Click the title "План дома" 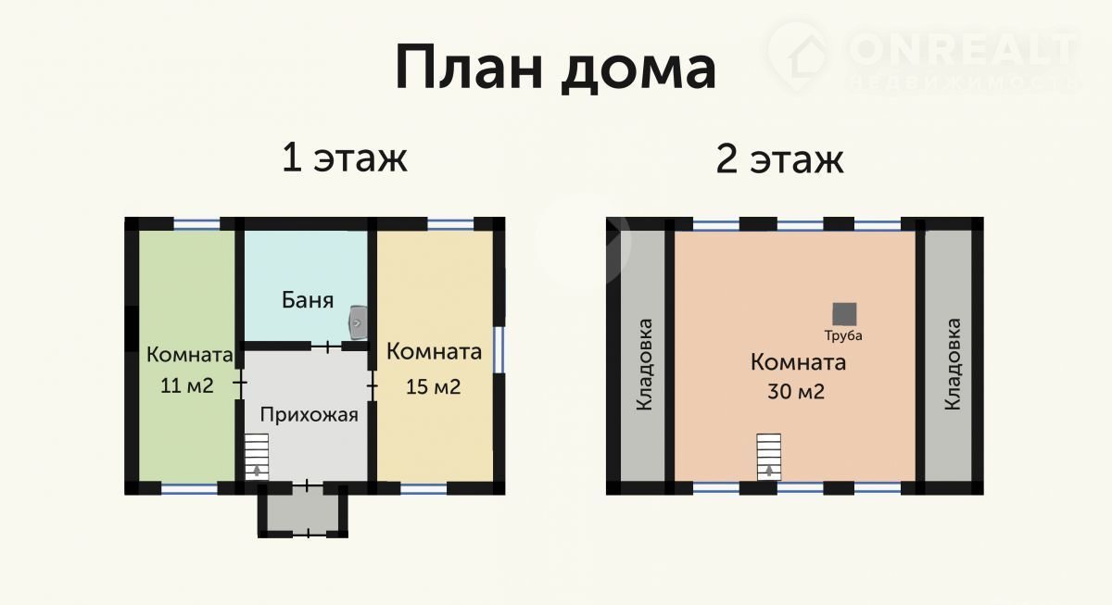pyautogui.click(x=555, y=69)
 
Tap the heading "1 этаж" pyautogui.click(x=345, y=158)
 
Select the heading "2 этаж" pyautogui.click(x=779, y=159)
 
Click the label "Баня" pyautogui.click(x=308, y=300)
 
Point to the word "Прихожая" pyautogui.click(x=309, y=415)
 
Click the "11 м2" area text pyautogui.click(x=186, y=385)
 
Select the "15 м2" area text pyautogui.click(x=433, y=387)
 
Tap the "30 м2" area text pyautogui.click(x=796, y=392)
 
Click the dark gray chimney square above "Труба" pyautogui.click(x=844, y=314)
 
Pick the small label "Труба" pyautogui.click(x=843, y=336)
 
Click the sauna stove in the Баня pyautogui.click(x=358, y=322)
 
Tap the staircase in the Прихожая pyautogui.click(x=257, y=457)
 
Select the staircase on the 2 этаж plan pyautogui.click(x=769, y=457)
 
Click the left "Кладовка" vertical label pyautogui.click(x=644, y=365)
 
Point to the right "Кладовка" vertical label pyautogui.click(x=953, y=364)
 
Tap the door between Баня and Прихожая pyautogui.click(x=327, y=347)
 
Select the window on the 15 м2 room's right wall pyautogui.click(x=499, y=349)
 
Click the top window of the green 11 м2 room pyautogui.click(x=196, y=224)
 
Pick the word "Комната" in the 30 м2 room pyautogui.click(x=798, y=362)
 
